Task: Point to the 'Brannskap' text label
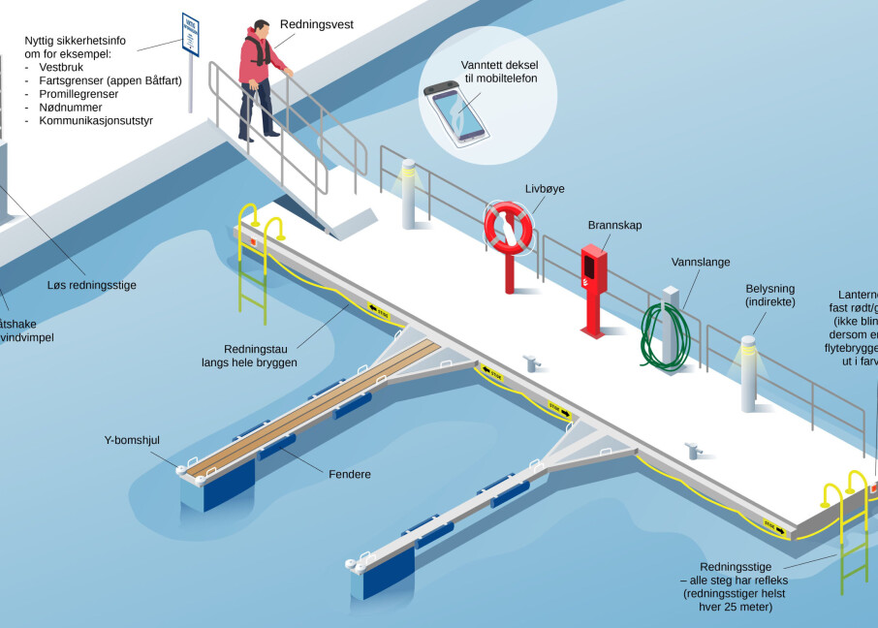[x=614, y=225]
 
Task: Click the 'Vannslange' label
[x=701, y=262]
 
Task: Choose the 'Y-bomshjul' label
[x=132, y=440]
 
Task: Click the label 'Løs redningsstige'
[x=92, y=285]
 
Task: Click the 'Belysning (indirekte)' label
[x=770, y=296]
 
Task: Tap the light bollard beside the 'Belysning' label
[x=747, y=373]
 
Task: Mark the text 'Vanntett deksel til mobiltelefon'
[x=500, y=71]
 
